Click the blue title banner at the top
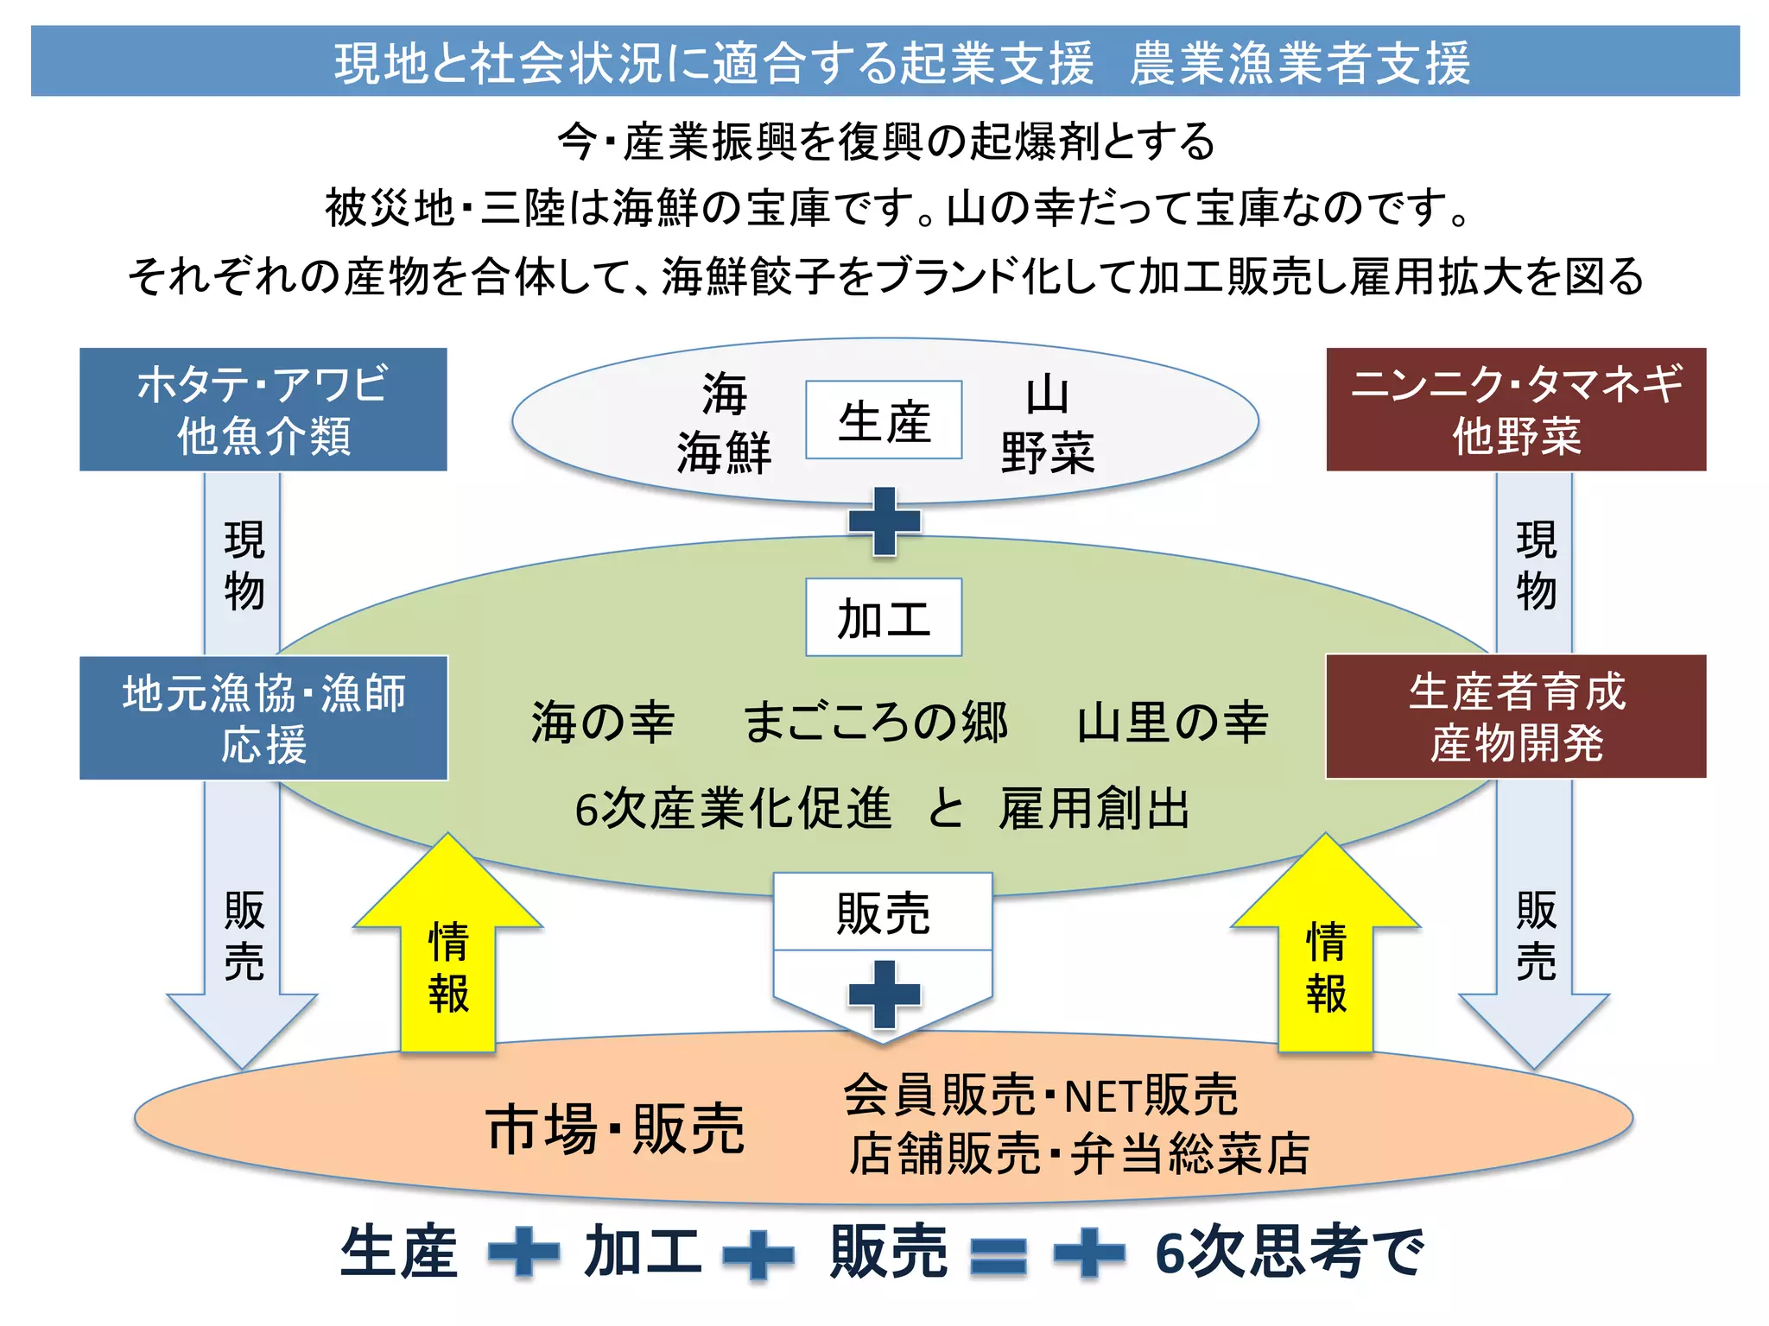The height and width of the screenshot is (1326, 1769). tap(884, 61)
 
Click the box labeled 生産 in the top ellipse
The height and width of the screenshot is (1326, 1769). tap(884, 420)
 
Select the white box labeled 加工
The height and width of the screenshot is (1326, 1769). tap(884, 618)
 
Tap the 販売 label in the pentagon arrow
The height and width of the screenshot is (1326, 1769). tap(883, 913)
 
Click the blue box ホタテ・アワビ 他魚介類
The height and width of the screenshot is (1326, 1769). tap(263, 410)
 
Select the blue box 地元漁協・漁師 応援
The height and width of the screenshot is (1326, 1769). tap(263, 718)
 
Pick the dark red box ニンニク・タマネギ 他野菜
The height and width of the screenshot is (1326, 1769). tap(1516, 410)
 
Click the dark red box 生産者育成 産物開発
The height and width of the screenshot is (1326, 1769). tap(1516, 717)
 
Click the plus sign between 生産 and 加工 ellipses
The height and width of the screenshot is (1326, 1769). tap(884, 521)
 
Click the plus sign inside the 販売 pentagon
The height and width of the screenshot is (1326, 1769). tap(884, 994)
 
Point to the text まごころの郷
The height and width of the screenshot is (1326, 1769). tap(875, 722)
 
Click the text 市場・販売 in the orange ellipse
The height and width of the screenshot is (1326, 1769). tap(615, 1128)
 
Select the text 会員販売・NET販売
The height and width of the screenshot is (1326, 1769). tap(1041, 1096)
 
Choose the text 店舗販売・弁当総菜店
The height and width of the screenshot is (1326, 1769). tap(1079, 1154)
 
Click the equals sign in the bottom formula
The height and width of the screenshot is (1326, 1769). tap(999, 1255)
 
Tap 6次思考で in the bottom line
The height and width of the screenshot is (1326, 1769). tap(1289, 1253)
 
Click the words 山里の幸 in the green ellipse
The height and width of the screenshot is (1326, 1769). tap(1172, 722)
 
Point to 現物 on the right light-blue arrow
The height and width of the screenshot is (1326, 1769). tap(1535, 565)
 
